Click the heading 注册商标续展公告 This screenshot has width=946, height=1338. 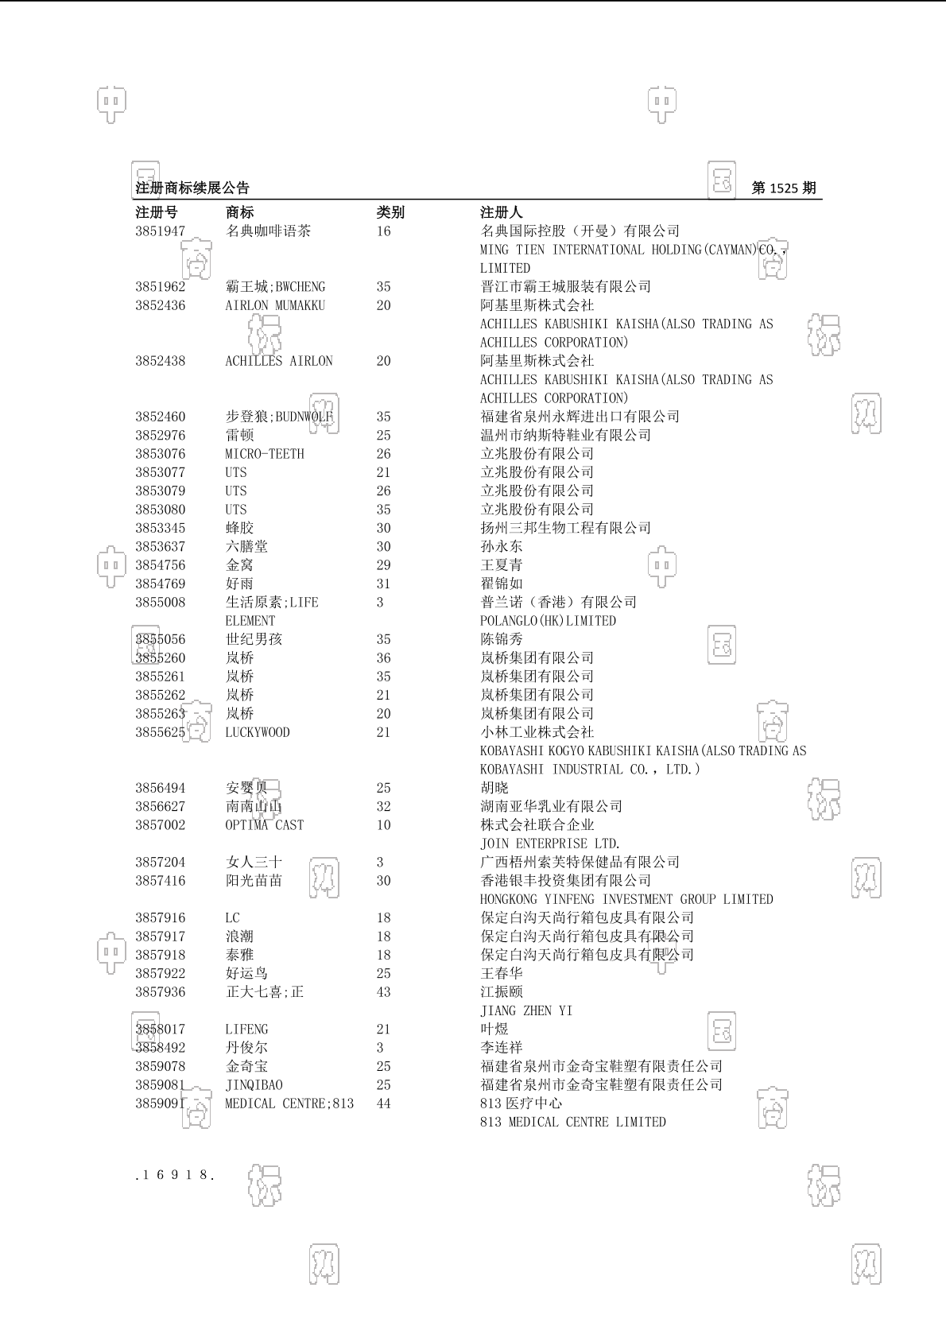point(192,188)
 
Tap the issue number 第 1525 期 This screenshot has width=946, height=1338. point(783,188)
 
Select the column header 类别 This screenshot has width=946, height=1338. point(390,212)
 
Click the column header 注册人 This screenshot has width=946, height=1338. point(502,212)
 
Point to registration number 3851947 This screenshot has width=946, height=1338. point(160,231)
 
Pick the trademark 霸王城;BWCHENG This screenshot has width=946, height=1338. point(275,287)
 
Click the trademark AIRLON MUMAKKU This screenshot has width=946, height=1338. point(275,305)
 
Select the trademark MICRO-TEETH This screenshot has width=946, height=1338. point(265,454)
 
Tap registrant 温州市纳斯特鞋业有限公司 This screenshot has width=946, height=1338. point(565,435)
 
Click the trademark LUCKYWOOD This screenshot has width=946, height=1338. point(258,732)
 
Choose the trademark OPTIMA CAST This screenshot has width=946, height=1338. point(264,825)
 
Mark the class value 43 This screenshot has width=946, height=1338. point(384,992)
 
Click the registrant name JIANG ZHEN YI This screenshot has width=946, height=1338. point(526,1011)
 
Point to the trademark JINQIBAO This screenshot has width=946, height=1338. point(254,1085)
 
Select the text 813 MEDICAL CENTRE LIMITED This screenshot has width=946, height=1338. point(572,1122)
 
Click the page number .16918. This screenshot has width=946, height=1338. point(175,1175)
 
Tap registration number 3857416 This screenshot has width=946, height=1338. point(160,881)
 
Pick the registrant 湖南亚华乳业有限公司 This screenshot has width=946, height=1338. point(551,806)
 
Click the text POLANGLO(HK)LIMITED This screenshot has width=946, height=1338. point(548,621)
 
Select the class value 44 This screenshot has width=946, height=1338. point(384,1103)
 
